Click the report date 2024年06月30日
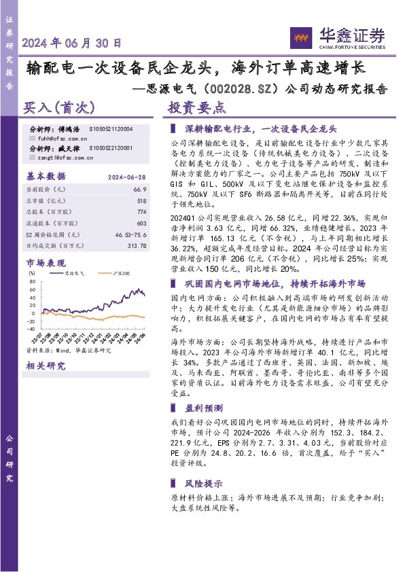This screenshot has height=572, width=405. pos(72,43)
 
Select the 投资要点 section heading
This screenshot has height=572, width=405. pos(196,107)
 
